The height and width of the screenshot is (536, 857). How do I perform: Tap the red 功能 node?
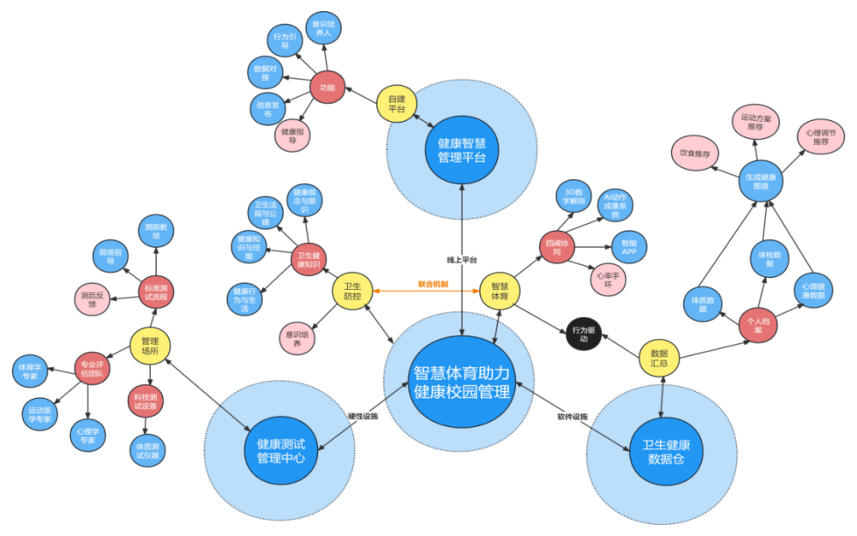327,87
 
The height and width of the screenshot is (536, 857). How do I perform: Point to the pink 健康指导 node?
293,135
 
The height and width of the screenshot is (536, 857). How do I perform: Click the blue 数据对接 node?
265,72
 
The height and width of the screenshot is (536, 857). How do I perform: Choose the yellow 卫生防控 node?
352,292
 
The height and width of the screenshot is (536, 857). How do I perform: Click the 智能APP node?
629,248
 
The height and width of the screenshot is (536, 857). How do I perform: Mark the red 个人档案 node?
758,326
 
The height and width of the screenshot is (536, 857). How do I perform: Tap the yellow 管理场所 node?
150,345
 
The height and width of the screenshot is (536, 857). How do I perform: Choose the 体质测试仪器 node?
147,450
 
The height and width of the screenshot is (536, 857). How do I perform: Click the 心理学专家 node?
89,433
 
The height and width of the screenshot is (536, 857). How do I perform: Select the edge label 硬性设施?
363,416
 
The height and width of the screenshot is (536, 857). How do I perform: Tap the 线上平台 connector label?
462,259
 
